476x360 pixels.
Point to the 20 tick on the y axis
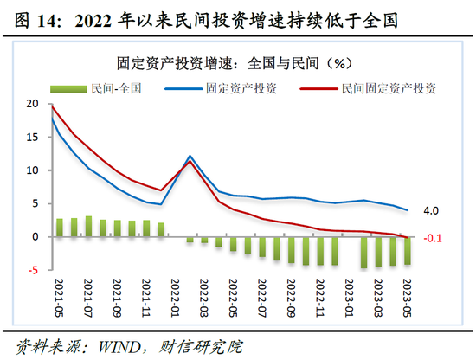click(x=33, y=104)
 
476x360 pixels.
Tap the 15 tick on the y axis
click(x=33, y=137)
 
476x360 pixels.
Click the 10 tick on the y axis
click(x=33, y=170)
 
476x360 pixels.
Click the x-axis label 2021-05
click(x=61, y=299)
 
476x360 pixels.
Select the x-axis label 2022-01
click(x=176, y=299)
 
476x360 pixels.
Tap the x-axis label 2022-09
click(x=292, y=299)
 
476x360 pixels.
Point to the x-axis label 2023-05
click(x=407, y=299)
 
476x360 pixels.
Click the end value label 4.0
click(x=431, y=210)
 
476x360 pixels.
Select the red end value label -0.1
click(x=433, y=238)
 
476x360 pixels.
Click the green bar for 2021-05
click(x=60, y=228)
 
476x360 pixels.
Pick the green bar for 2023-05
click(x=407, y=251)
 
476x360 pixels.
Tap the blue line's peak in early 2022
click(x=190, y=156)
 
